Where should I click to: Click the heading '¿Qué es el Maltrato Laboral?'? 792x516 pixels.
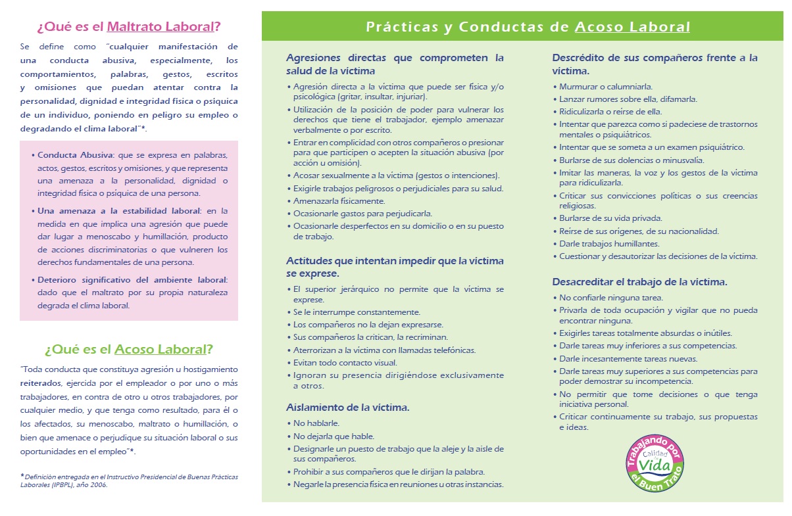pyautogui.click(x=129, y=27)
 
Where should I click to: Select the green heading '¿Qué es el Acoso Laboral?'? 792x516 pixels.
pyautogui.click(x=129, y=349)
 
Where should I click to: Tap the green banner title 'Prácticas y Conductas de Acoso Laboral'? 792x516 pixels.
pyautogui.click(x=528, y=27)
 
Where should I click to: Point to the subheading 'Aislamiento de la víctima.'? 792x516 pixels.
pyautogui.click(x=348, y=408)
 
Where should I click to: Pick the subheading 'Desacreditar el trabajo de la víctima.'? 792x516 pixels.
pyautogui.click(x=639, y=282)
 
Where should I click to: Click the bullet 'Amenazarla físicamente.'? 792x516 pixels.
pyautogui.click(x=339, y=201)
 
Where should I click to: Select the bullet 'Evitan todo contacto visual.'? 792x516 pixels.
pyautogui.click(x=345, y=362)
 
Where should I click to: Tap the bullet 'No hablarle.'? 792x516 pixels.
pyautogui.click(x=316, y=423)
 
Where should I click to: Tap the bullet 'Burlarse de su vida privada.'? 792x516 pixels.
pyautogui.click(x=610, y=218)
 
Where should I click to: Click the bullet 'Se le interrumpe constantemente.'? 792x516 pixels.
pyautogui.click(x=357, y=312)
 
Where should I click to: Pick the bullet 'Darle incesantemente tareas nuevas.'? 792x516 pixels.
pyautogui.click(x=628, y=359)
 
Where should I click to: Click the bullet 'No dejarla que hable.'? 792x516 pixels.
pyautogui.click(x=334, y=436)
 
